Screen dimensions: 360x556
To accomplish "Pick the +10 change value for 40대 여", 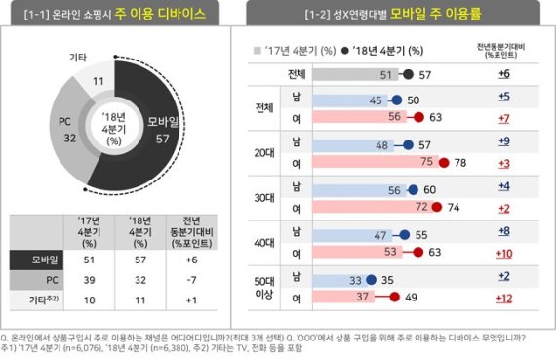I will click(x=503, y=252).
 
